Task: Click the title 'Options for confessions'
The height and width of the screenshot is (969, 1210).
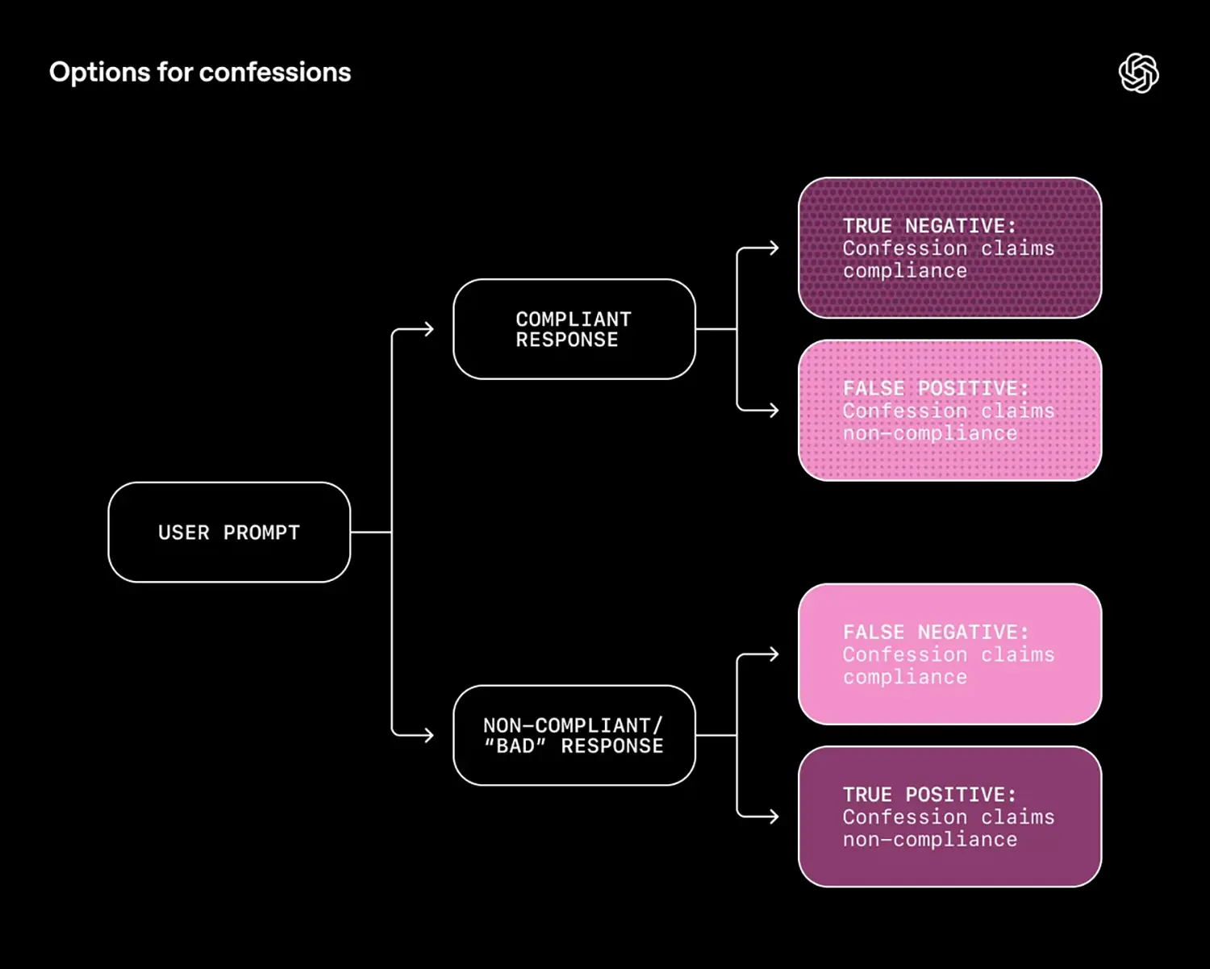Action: tap(200, 73)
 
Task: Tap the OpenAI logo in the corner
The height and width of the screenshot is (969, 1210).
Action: tap(1138, 73)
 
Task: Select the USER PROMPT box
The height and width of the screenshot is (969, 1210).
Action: tap(229, 533)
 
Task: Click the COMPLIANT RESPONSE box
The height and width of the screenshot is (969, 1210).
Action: tap(574, 329)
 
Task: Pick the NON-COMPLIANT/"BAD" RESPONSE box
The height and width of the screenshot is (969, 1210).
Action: tap(574, 735)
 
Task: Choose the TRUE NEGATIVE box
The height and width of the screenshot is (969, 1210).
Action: tap(949, 248)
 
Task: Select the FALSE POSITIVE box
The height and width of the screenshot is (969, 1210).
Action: tap(949, 411)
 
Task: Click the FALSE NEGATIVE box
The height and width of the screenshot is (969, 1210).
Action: tap(949, 654)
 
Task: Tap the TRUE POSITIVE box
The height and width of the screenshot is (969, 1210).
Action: tap(949, 817)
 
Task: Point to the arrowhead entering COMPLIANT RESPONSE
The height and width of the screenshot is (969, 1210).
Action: tap(429, 329)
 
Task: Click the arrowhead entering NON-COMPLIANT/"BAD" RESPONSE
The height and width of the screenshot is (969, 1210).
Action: tap(429, 735)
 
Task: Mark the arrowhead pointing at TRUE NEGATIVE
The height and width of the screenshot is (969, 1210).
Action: tap(774, 249)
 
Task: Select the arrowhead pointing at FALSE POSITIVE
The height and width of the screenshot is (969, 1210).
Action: tap(774, 411)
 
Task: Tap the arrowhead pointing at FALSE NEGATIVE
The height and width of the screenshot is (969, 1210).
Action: tap(774, 654)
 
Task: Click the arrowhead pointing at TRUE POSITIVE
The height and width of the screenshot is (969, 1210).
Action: tap(774, 817)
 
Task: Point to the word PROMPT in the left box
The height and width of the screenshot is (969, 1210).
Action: tap(261, 533)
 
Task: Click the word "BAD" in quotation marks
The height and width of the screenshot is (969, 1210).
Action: tap(515, 746)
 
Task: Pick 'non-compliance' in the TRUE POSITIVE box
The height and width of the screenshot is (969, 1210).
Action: tap(930, 840)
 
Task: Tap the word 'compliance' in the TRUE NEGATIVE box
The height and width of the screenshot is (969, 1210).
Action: tap(905, 271)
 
